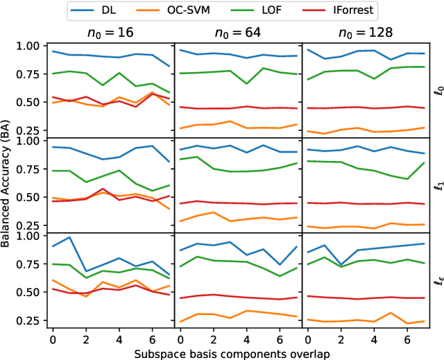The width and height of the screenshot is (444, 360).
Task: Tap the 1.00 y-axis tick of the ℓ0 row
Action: (x=31, y=46)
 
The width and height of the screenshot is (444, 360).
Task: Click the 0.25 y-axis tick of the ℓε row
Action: (x=31, y=320)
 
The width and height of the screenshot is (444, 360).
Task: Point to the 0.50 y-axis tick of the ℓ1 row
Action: (x=31, y=197)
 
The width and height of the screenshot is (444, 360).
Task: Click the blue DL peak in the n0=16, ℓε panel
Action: (x=69, y=237)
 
